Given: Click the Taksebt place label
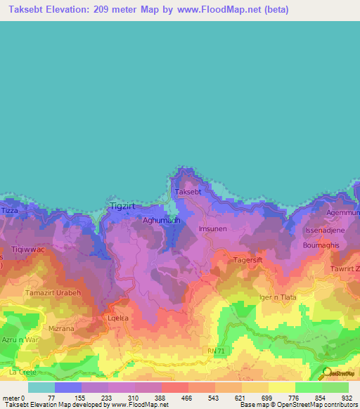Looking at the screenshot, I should point(188,192).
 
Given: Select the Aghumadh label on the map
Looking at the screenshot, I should point(162,220).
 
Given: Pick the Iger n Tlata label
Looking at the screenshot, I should point(278,297).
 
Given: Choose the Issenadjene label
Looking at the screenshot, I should point(324,231).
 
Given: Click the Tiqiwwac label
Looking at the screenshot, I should point(29,249).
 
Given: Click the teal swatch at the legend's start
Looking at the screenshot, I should point(41,387).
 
